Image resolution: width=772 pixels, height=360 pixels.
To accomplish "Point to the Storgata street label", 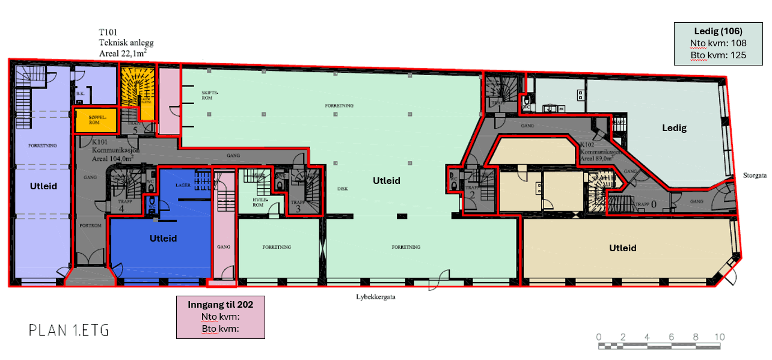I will click(x=753, y=177).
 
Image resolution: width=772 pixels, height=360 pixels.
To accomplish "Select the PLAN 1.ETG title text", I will click(x=69, y=330).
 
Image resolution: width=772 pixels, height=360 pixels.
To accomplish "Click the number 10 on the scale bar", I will click(x=719, y=337).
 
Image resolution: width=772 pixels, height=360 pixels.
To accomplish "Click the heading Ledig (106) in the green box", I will click(x=718, y=31).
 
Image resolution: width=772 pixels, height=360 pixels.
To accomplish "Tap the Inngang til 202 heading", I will click(x=220, y=305).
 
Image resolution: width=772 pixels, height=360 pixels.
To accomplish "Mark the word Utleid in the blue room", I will click(x=163, y=239).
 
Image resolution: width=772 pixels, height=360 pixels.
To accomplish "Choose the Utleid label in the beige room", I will click(x=622, y=248).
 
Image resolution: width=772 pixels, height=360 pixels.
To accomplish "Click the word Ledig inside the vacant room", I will click(x=674, y=128).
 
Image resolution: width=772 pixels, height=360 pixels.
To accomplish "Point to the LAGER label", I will click(x=183, y=185).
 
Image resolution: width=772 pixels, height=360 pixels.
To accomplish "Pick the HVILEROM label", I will click(x=258, y=201).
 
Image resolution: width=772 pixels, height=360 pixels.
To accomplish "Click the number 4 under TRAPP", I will click(x=121, y=209).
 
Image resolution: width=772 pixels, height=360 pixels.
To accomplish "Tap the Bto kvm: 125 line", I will click(x=718, y=55).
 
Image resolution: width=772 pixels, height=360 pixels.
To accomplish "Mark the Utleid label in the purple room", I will click(x=43, y=186).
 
